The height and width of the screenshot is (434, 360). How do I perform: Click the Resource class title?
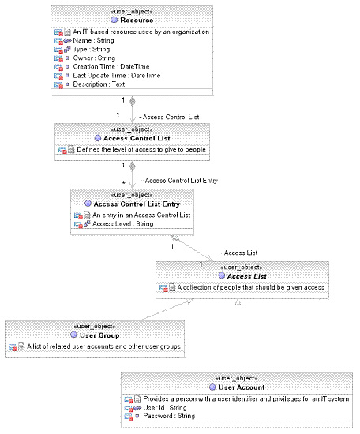click(x=137, y=21)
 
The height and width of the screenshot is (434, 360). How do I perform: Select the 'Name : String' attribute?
click(x=93, y=41)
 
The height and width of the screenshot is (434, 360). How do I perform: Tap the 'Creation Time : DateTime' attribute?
click(x=111, y=67)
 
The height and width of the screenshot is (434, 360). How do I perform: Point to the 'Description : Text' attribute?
click(x=99, y=84)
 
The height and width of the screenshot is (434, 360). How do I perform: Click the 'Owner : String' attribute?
click(x=94, y=58)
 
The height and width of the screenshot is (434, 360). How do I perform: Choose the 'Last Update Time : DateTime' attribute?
click(x=117, y=76)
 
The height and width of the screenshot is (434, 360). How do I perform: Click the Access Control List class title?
click(x=137, y=138)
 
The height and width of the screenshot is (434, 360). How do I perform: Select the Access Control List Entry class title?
click(x=137, y=204)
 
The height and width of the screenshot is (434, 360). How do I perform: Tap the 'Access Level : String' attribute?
click(x=122, y=223)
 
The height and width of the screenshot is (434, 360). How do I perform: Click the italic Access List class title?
click(x=246, y=276)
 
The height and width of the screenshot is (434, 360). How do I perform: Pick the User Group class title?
click(x=99, y=335)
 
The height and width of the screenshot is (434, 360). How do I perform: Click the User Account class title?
click(x=242, y=387)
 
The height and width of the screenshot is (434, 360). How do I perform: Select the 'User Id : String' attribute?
click(x=164, y=408)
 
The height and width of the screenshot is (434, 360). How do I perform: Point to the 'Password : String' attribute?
click(x=169, y=416)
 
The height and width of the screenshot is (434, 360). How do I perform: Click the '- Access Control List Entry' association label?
click(x=179, y=181)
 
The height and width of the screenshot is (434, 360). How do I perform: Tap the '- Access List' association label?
click(x=238, y=253)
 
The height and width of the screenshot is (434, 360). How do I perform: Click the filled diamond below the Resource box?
click(x=133, y=101)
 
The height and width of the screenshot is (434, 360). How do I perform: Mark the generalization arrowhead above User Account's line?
click(x=238, y=302)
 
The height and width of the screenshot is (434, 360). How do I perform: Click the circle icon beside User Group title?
click(x=73, y=335)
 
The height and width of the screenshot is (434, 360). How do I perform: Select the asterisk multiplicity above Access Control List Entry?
click(x=123, y=183)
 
